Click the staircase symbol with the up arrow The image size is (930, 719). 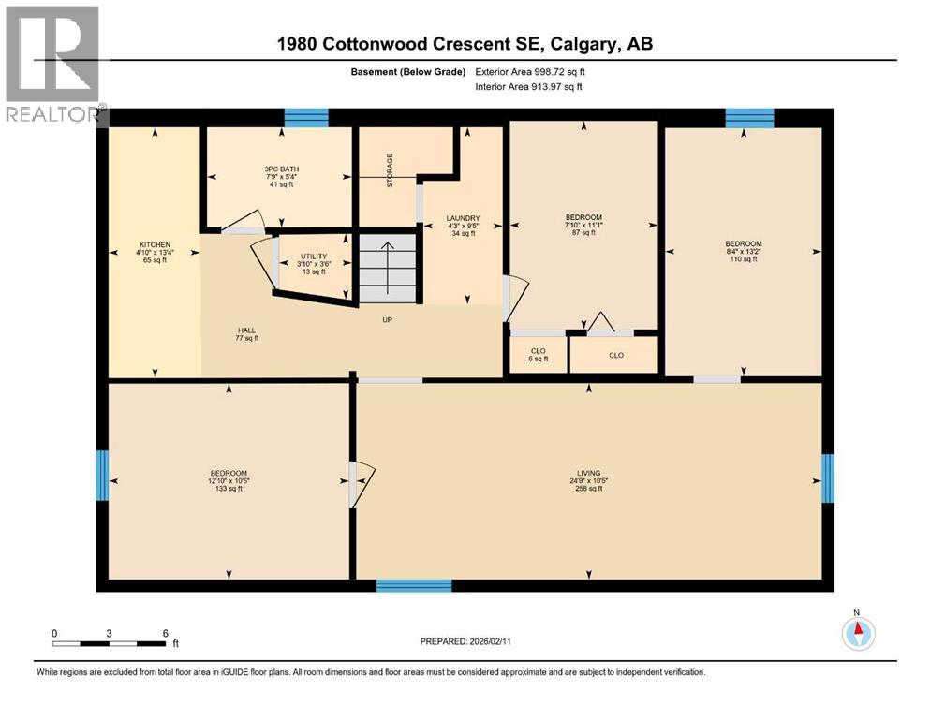[388, 269]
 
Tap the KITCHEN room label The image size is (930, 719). [155, 252]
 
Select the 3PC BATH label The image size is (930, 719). [281, 176]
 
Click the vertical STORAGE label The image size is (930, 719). [391, 170]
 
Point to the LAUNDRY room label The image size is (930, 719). [464, 226]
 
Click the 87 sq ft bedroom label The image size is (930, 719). [583, 225]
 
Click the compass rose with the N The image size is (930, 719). [857, 633]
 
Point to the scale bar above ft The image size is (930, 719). [110, 643]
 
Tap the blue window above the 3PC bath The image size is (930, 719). [306, 117]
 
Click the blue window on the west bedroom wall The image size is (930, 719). [102, 475]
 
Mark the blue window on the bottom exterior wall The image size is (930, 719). [414, 585]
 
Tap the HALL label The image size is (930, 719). [246, 334]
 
